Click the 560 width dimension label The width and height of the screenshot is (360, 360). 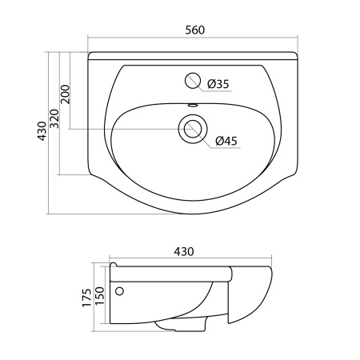[195, 30]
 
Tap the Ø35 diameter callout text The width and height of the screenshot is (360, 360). [218, 84]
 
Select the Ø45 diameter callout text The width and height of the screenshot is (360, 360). [226, 141]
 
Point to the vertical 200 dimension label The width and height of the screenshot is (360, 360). [66, 94]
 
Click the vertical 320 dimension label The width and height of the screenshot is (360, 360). [54, 118]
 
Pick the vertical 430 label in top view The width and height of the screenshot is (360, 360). [42, 131]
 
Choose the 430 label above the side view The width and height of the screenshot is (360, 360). [184, 251]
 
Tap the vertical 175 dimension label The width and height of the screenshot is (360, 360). [86, 298]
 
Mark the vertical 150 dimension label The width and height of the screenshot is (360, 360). [100, 296]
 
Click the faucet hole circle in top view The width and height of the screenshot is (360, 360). [193, 81]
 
